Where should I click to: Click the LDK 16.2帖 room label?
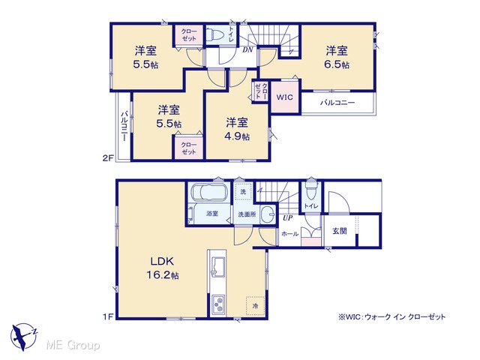162,268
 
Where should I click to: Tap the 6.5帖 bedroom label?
337,57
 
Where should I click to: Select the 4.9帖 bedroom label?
237,129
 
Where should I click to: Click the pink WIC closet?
285,97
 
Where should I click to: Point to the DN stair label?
247,49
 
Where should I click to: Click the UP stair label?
287,218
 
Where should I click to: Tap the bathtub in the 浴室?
209,193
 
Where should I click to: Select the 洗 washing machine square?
243,192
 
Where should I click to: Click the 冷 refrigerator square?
255,305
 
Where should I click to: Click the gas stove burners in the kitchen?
218,304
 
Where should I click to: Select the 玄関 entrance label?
340,231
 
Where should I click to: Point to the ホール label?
289,234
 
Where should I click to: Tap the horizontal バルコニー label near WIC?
337,103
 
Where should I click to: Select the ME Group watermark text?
73,346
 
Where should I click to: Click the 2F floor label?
108,158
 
